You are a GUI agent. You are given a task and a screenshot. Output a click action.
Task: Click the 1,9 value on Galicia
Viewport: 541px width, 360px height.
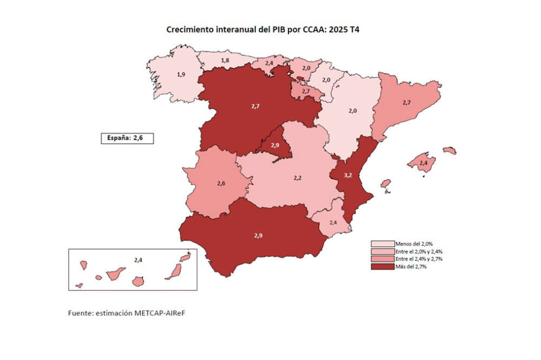coord(182,74)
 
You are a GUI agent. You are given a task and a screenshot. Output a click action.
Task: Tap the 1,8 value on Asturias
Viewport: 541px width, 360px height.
coord(223,60)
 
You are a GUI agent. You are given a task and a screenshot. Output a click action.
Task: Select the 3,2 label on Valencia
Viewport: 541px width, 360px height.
coord(349,175)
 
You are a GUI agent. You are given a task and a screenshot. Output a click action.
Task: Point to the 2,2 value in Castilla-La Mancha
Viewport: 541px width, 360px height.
coord(298,177)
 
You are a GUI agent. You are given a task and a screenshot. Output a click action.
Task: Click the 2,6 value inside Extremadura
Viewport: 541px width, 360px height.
coord(221,184)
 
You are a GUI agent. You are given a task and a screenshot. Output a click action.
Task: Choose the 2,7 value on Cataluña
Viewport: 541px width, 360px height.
coord(408,102)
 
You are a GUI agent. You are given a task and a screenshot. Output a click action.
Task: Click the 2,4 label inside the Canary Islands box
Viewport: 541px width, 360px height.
coord(138,260)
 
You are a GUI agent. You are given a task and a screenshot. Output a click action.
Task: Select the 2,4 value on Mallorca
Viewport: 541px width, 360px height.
coord(424,163)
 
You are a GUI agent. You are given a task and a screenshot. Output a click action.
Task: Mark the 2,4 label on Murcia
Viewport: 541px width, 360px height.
coord(333,222)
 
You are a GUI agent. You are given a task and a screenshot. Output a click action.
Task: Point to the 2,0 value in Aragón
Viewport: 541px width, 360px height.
coord(353,110)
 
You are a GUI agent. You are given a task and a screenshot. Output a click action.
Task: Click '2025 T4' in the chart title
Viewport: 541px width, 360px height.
coord(345,30)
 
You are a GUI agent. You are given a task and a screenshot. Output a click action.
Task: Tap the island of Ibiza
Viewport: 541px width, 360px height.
coord(386,184)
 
